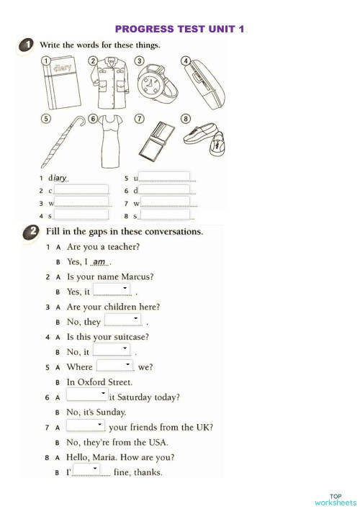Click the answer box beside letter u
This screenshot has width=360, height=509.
[x=164, y=176]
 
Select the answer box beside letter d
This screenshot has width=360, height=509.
[x=165, y=189]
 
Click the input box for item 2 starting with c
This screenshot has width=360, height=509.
[x=81, y=189]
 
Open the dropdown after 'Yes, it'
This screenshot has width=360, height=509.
[x=112, y=290]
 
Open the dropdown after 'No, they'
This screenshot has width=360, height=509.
[x=122, y=320]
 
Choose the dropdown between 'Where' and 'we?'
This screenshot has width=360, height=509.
[x=114, y=365]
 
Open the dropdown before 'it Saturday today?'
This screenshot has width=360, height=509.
[x=86, y=395]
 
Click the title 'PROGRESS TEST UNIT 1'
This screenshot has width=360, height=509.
[x=180, y=29]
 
